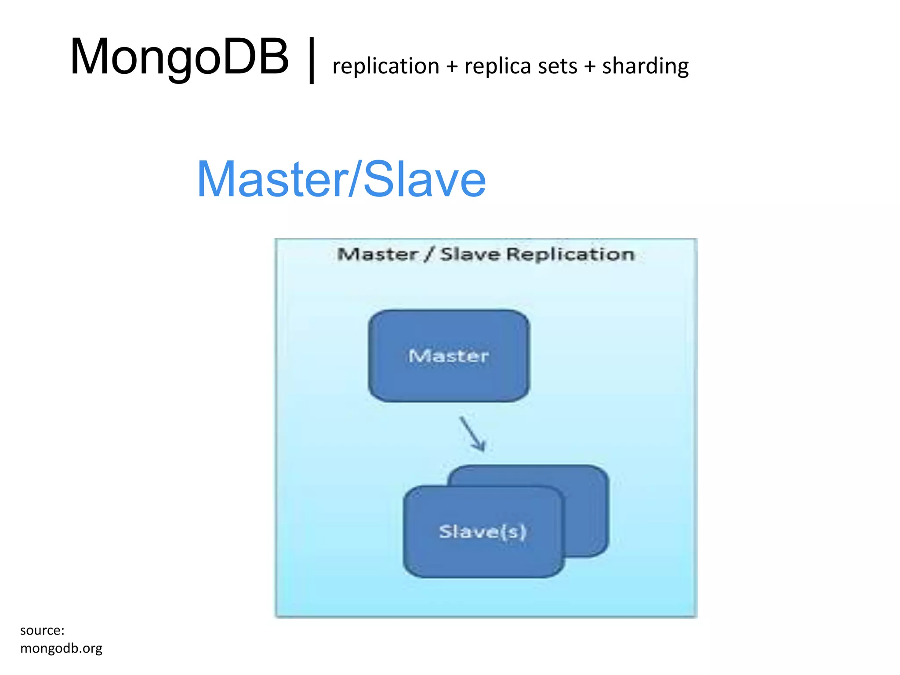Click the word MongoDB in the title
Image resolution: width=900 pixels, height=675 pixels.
tap(179, 57)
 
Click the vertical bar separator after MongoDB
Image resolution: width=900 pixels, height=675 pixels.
tap(312, 60)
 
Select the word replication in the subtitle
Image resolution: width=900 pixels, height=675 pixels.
tap(386, 66)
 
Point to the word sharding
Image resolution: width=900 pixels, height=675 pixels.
tap(645, 66)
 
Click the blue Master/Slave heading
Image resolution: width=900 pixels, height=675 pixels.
tap(341, 179)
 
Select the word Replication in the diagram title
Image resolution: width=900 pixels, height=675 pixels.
tap(570, 254)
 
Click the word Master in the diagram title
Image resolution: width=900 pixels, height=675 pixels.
tap(377, 254)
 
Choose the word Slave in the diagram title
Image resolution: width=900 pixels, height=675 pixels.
tap(470, 254)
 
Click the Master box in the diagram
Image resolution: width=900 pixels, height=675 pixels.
tap(449, 378)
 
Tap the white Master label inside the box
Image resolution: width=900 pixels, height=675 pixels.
tap(449, 356)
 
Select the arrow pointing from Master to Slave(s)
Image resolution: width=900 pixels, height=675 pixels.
tap(472, 434)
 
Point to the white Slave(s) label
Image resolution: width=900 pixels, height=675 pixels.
tap(483, 532)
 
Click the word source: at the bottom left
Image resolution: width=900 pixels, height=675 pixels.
tap(42, 630)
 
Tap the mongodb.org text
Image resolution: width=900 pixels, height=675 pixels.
tap(61, 648)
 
